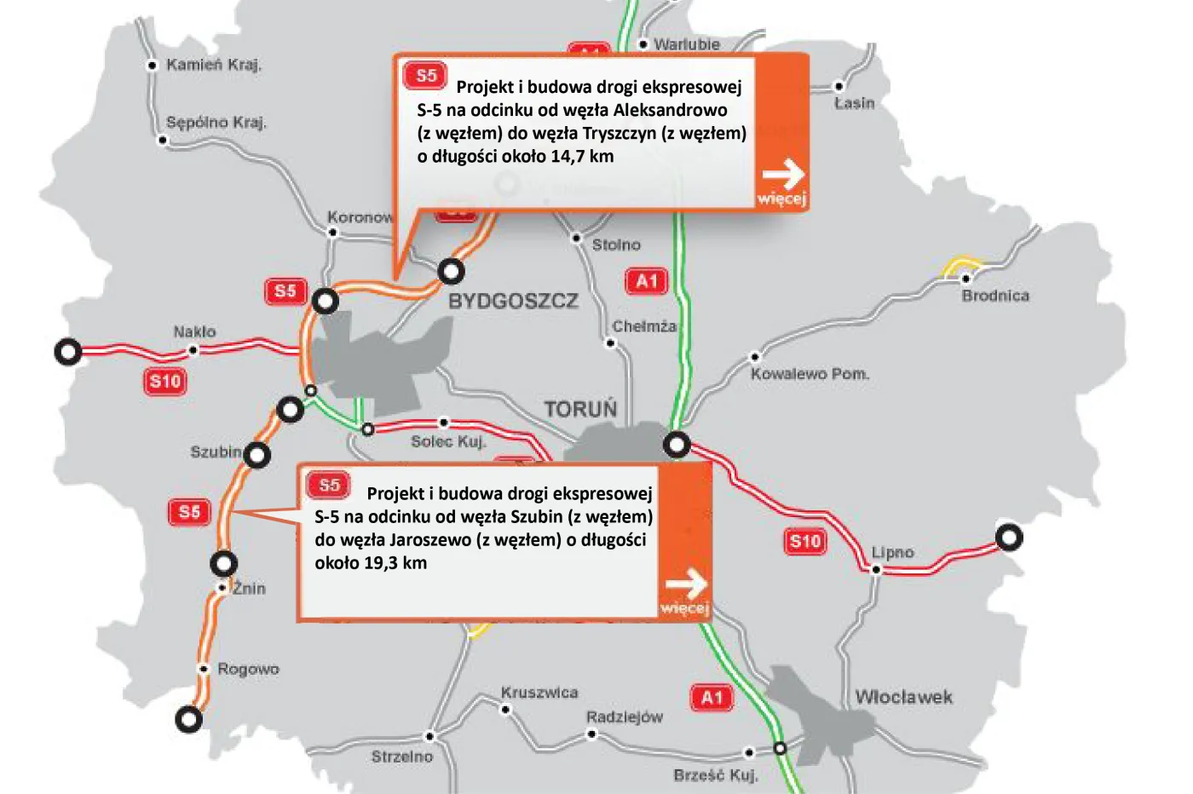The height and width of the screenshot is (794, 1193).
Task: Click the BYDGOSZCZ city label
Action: click(x=513, y=302)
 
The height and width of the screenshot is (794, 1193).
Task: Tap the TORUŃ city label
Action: click(x=580, y=410)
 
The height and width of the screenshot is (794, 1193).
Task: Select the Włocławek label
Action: click(x=903, y=698)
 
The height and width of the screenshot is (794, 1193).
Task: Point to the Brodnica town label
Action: click(x=994, y=296)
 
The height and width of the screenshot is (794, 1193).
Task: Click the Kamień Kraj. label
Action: click(x=214, y=65)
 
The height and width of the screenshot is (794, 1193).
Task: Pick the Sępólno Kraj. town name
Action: click(x=216, y=123)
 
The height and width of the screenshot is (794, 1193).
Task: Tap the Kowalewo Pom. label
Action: click(x=810, y=374)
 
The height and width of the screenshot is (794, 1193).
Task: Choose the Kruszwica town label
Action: click(x=539, y=693)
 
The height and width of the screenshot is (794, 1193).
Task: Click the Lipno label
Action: click(x=892, y=553)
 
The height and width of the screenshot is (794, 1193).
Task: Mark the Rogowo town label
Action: click(x=248, y=670)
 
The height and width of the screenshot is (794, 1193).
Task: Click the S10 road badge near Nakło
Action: click(x=165, y=381)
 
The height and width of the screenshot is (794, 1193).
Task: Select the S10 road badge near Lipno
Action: click(x=805, y=541)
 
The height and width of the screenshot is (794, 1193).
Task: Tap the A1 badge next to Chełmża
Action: click(x=647, y=281)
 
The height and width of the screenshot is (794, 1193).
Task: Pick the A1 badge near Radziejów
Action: click(x=712, y=698)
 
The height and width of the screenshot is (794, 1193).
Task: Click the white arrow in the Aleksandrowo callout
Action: click(x=783, y=175)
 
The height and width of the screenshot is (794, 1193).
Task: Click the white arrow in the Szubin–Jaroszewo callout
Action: click(x=686, y=584)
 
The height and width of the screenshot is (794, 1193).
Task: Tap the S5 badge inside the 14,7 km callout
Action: click(x=426, y=76)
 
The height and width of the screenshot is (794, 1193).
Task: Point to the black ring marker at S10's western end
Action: click(x=68, y=351)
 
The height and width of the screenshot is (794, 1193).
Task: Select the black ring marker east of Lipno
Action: click(x=1010, y=538)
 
